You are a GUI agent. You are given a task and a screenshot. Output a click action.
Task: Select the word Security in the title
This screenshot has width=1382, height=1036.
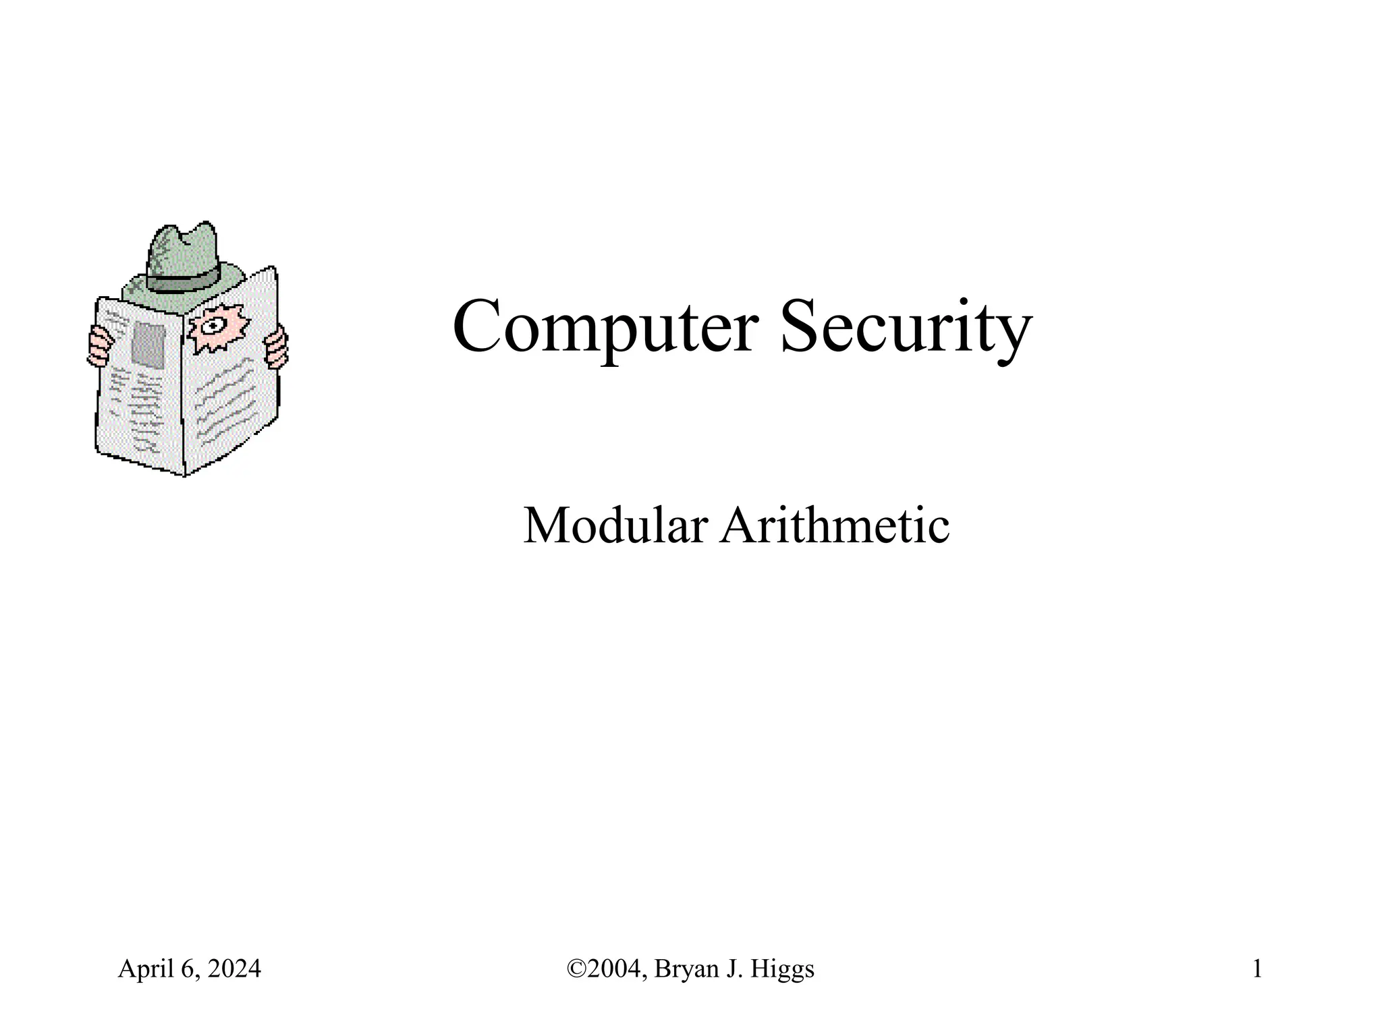point(906,328)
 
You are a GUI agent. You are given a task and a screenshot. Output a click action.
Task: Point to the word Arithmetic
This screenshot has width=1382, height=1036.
point(835,526)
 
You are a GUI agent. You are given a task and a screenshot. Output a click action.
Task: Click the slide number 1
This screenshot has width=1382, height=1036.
point(1257,969)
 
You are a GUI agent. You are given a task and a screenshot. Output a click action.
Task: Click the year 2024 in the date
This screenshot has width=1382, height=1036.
point(234,969)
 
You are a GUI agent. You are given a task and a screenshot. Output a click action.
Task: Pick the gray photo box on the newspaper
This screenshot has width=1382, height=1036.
point(148,345)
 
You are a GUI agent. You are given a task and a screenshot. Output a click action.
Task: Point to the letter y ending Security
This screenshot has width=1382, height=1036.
point(1014,334)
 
